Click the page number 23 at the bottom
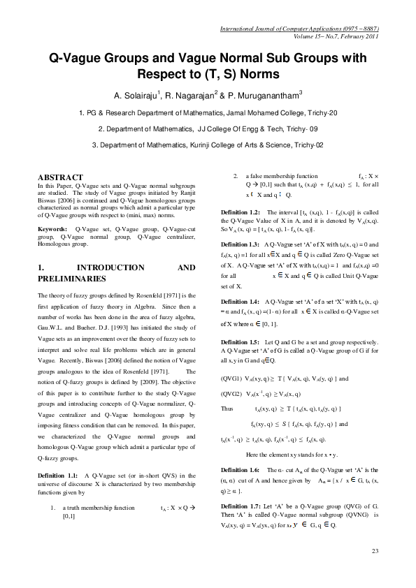coord(375,552)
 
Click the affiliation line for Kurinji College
coord(208,145)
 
